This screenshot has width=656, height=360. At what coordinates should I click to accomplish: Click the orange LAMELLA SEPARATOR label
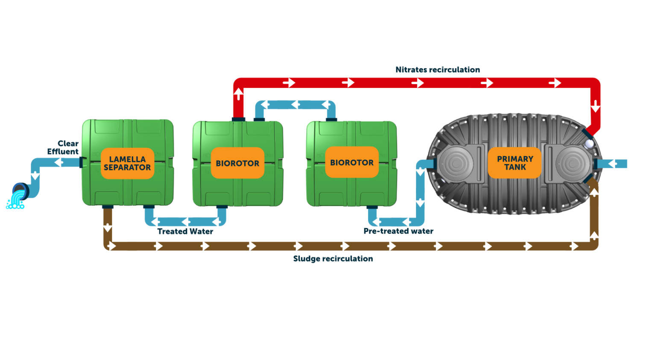pos(127,164)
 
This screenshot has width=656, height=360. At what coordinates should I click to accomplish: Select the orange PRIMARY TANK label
pos(515,163)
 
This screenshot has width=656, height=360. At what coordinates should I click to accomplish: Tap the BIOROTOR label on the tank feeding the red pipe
pos(237,163)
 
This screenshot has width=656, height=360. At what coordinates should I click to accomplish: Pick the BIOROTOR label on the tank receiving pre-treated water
pos(351,162)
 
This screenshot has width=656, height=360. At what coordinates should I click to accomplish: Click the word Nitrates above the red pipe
pos(411,69)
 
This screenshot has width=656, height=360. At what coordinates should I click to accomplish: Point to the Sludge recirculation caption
pos(333,259)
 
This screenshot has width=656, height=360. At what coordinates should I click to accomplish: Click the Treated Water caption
pos(185,231)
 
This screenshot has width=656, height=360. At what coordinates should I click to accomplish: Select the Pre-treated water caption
pos(398,231)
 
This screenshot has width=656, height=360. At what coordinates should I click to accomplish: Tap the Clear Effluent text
pos(64,147)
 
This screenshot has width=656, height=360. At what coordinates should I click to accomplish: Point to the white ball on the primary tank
pos(589,144)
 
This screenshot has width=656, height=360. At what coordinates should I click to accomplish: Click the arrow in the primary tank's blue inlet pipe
pos(612,164)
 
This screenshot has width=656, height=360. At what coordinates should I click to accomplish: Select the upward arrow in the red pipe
pos(238,94)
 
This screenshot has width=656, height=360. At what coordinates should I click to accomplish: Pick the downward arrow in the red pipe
pos(595,106)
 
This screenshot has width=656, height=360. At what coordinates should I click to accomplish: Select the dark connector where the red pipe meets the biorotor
pos(238,119)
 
